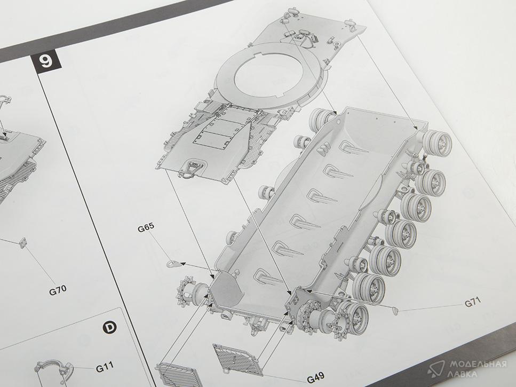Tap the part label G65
click(146, 228)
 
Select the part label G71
click(473, 302)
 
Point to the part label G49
click(315, 377)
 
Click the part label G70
click(58, 290)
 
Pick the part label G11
click(105, 367)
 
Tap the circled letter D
click(109, 327)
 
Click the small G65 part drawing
click(173, 263)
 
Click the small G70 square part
click(22, 242)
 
